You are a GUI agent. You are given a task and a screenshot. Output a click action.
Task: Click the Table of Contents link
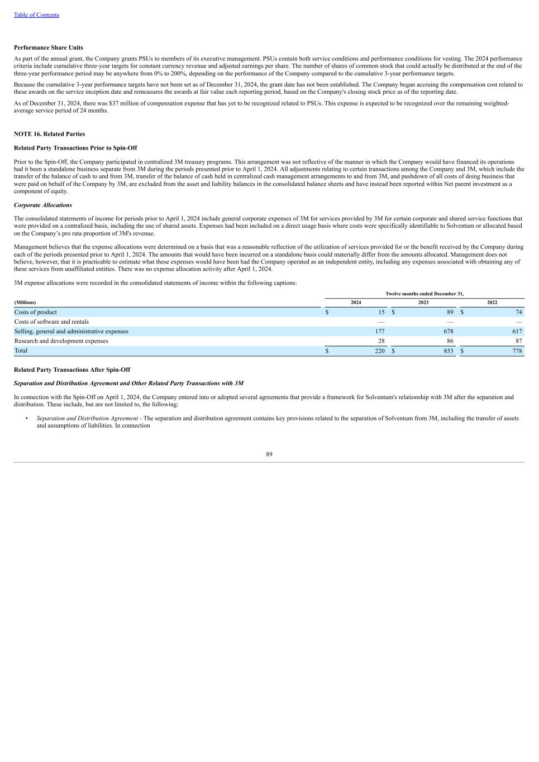click(36, 15)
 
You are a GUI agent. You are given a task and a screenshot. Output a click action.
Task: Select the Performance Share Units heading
click(49, 47)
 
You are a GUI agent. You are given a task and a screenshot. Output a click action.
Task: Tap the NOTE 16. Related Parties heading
click(49, 134)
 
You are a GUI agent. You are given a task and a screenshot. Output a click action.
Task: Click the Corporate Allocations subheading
click(43, 205)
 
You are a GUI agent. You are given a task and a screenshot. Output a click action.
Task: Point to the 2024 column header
click(356, 303)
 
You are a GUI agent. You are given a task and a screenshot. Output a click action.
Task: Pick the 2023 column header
click(423, 303)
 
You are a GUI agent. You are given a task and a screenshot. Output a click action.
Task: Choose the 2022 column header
click(492, 303)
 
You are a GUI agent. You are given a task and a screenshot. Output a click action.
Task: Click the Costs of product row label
click(36, 312)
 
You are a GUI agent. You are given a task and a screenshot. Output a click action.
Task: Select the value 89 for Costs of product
click(450, 312)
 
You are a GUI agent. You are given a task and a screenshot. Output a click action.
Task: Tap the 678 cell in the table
click(448, 331)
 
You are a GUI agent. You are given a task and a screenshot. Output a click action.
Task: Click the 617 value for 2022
click(517, 331)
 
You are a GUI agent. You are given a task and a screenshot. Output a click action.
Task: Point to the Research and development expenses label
click(61, 341)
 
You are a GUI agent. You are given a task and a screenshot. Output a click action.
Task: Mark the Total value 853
click(448, 351)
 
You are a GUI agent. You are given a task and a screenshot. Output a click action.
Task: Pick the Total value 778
click(517, 351)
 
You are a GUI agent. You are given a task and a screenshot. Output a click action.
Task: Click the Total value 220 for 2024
click(380, 351)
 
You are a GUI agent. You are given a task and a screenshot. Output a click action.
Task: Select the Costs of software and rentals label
click(51, 322)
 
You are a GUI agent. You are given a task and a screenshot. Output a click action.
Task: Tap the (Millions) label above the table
click(25, 303)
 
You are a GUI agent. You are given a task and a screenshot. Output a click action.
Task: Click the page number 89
click(269, 454)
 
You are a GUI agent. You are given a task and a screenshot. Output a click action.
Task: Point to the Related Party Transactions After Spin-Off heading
click(72, 370)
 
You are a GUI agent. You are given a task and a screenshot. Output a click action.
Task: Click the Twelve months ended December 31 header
click(424, 294)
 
